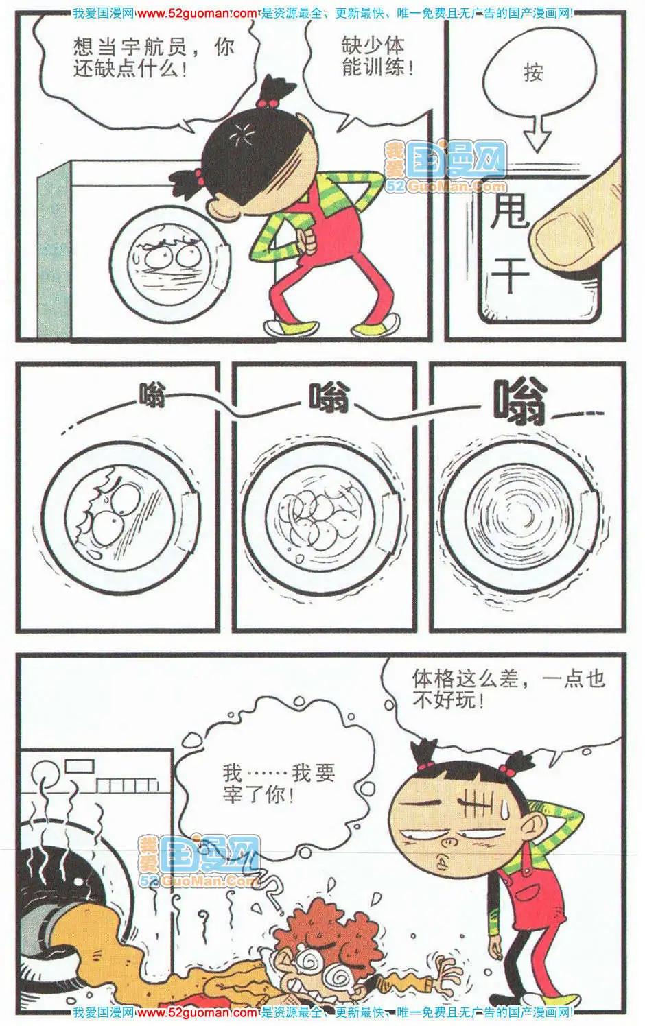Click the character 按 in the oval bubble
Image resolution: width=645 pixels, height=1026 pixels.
[533, 73]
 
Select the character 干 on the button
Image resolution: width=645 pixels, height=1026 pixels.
[511, 272]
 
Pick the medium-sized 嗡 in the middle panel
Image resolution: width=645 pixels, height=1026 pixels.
[329, 398]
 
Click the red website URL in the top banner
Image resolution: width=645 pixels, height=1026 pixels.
[197, 14]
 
